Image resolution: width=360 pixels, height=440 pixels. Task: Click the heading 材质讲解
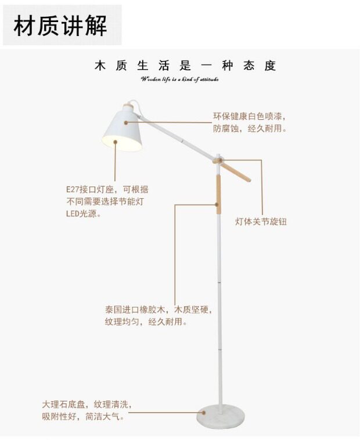point(61,26)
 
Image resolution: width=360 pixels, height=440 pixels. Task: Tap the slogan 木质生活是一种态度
point(185,66)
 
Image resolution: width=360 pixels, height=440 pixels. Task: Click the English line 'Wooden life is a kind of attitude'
point(179,79)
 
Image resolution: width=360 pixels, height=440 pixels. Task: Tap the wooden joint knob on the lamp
point(218,160)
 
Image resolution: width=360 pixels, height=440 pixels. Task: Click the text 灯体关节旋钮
point(261,222)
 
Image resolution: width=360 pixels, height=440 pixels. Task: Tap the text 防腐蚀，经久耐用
point(249,129)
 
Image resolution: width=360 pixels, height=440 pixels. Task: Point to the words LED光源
point(82,214)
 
